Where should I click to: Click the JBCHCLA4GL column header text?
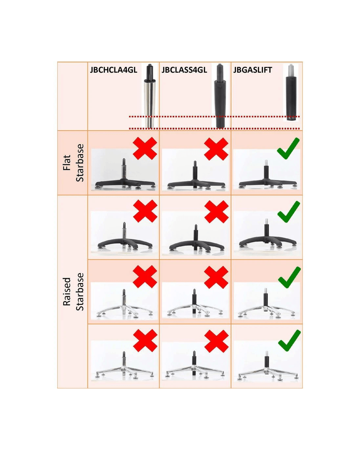(x=114, y=70)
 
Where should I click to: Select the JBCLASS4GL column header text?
(x=184, y=70)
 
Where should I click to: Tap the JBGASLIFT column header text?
(x=252, y=70)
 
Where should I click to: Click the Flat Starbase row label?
(x=73, y=163)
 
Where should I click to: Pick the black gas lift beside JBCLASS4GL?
(x=220, y=96)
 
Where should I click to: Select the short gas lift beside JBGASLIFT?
(x=291, y=92)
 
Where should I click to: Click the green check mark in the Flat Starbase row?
(x=288, y=149)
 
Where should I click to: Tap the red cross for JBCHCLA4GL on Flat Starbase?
(x=145, y=149)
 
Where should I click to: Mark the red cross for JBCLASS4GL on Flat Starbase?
(x=216, y=149)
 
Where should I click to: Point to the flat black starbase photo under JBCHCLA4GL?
(x=124, y=170)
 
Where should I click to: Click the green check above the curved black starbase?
(x=289, y=212)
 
